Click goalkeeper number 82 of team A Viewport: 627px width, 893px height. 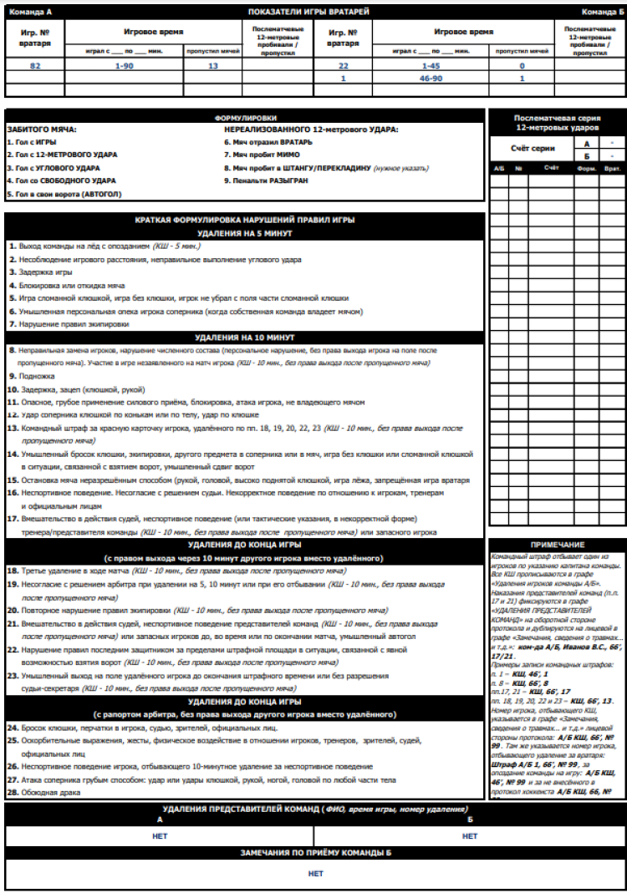[34, 65]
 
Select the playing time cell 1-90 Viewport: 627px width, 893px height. [124, 65]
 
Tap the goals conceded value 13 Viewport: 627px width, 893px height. [212, 65]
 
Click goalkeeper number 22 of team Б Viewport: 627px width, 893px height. [343, 65]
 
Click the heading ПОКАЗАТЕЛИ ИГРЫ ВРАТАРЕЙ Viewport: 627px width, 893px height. [313, 12]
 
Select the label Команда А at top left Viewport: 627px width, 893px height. [30, 12]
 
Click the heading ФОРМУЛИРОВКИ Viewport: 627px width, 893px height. [245, 118]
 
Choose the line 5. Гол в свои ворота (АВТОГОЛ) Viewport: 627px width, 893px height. [64, 193]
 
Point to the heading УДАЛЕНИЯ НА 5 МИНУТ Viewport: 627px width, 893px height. [244, 233]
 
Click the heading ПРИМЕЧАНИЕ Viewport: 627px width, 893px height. [557, 545]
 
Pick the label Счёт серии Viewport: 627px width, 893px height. [532, 149]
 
